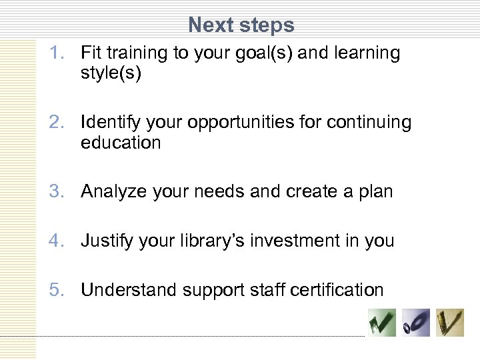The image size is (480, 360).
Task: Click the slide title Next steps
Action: [241, 25]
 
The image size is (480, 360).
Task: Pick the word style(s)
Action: [111, 73]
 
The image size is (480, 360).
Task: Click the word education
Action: [121, 143]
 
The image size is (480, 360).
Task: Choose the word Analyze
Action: [114, 192]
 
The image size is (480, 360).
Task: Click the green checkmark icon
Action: [383, 323]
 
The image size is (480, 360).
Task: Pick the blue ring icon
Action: [416, 323]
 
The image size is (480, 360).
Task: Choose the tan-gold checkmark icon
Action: [450, 323]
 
